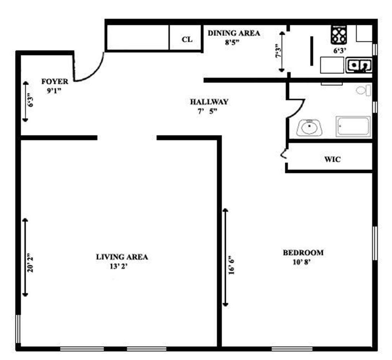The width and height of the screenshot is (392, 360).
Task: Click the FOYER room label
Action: [55, 81]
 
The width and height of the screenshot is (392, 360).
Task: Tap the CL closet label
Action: [187, 39]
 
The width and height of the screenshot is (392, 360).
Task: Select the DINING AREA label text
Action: [234, 33]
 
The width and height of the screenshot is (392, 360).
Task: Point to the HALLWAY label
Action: [209, 102]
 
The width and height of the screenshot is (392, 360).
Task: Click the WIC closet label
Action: [332, 159]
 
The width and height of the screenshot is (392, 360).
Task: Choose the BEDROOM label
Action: [303, 252]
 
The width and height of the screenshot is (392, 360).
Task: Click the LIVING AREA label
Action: [122, 257]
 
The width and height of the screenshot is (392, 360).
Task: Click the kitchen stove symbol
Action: [339, 35]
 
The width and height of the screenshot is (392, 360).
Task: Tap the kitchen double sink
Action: [359, 65]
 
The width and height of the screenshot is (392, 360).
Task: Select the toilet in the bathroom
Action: [364, 91]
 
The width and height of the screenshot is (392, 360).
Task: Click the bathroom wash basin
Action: [309, 127]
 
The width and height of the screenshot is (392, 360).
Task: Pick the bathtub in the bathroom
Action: [353, 127]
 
